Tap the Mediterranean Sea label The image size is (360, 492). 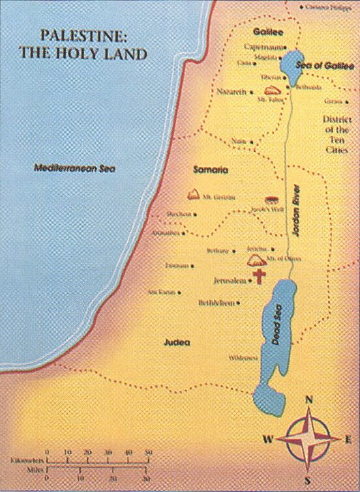(74, 168)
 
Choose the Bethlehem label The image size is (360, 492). (217, 303)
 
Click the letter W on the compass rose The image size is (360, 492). (267, 439)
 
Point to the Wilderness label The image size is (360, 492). (243, 358)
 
